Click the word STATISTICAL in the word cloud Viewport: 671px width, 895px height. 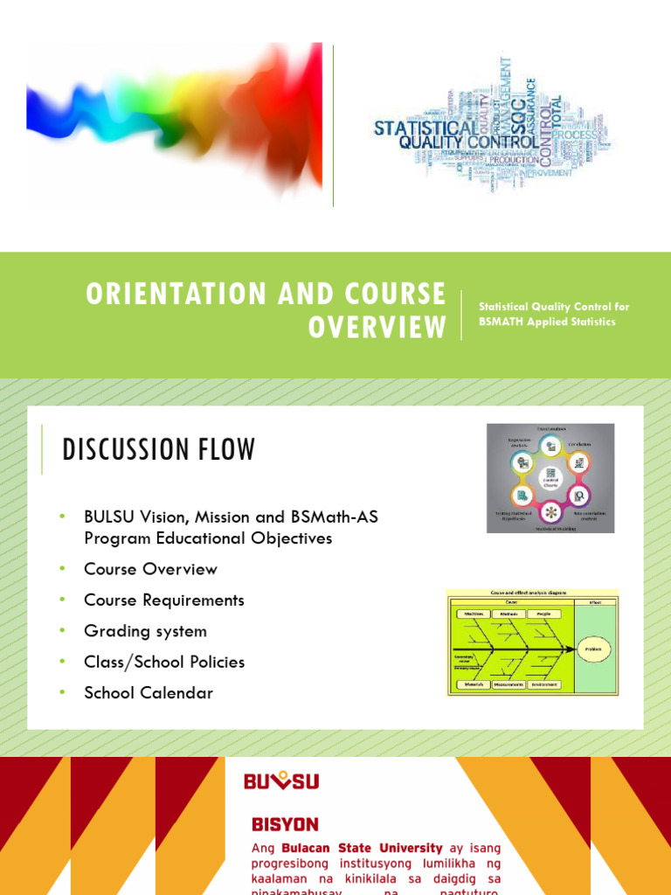point(425,128)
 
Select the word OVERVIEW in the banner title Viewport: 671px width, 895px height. point(377,327)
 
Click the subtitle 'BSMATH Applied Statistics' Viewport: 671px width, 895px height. point(546,322)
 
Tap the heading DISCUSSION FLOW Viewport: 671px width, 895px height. point(159,450)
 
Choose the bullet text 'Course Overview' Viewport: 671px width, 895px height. point(150,569)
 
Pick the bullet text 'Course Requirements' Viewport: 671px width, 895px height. point(164,600)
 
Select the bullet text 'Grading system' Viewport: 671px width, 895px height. point(145,631)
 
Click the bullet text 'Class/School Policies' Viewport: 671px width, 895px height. point(164,662)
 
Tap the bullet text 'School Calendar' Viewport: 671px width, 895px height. point(149,693)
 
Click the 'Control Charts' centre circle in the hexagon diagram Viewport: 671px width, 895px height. point(550,478)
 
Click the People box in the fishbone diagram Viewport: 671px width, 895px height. point(543,614)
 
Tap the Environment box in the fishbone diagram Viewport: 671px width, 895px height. point(545,684)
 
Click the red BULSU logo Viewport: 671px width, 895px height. point(280,781)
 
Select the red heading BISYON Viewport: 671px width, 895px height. point(285,824)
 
